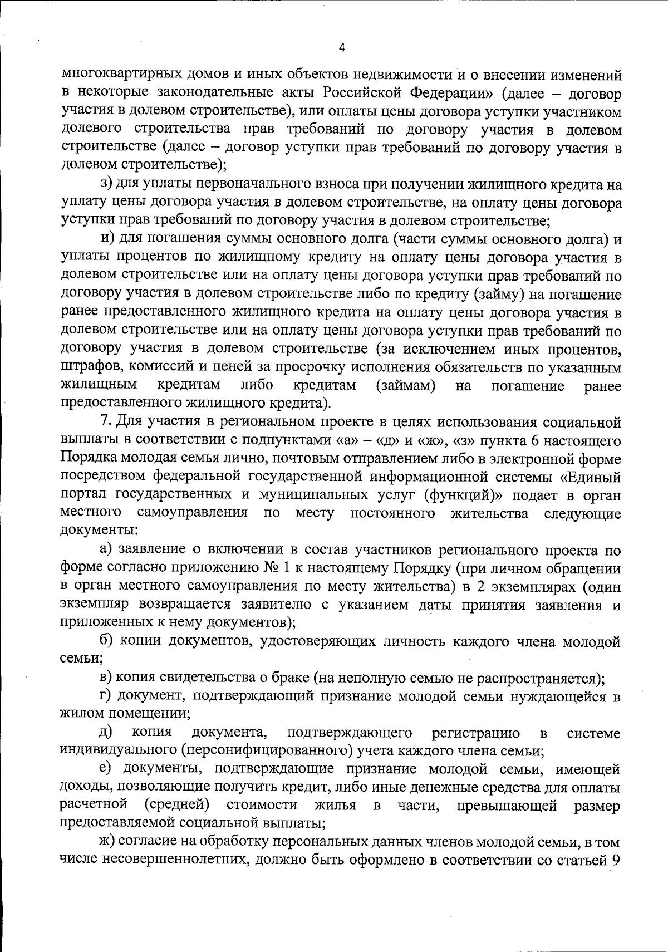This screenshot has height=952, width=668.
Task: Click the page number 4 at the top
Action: [x=342, y=48]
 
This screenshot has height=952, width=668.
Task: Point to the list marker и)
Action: [x=107, y=239]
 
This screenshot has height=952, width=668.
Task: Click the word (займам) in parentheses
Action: [x=405, y=386]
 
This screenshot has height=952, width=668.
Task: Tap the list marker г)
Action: [x=106, y=696]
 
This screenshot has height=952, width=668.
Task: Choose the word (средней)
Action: [x=176, y=806]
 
